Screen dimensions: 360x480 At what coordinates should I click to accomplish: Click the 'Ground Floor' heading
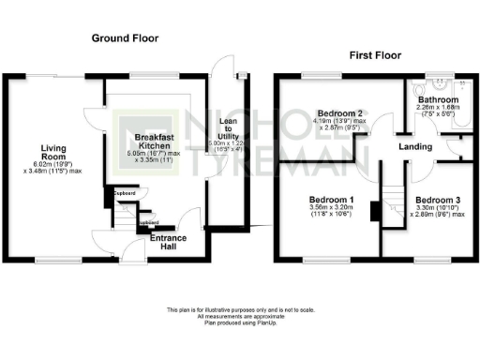[125, 38]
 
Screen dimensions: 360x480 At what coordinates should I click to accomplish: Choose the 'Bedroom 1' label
[332, 201]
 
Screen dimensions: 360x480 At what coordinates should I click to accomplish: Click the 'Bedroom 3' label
[438, 201]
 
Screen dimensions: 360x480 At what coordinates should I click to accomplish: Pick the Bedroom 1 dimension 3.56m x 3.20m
[332, 211]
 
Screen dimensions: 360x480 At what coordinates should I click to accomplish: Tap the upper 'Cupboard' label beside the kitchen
[125, 193]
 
